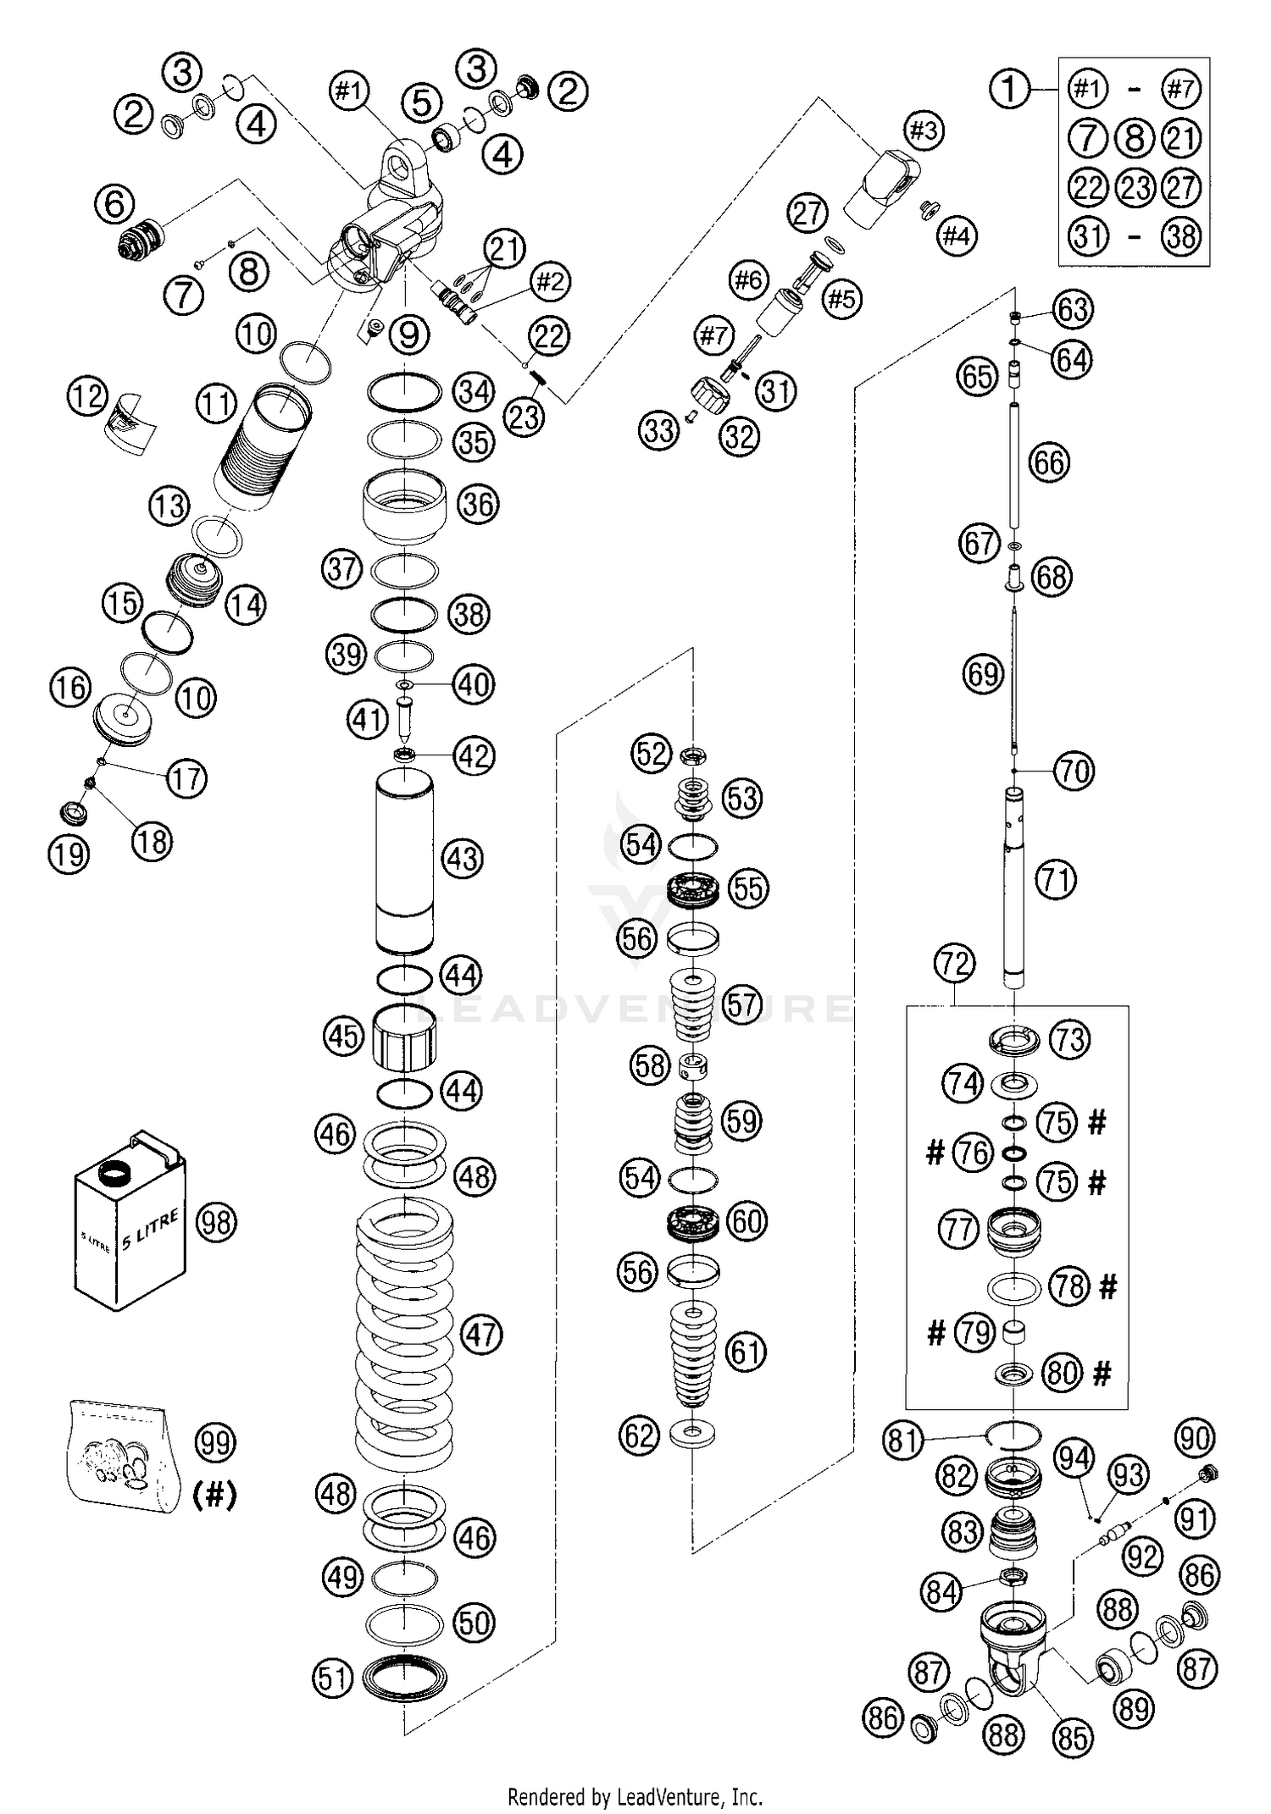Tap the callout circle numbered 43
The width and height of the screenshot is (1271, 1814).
click(x=462, y=858)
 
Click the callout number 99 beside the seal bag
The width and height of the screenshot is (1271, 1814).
click(x=215, y=1441)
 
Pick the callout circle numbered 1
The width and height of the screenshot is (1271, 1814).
click(x=1009, y=88)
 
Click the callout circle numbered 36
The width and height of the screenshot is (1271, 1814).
click(x=478, y=504)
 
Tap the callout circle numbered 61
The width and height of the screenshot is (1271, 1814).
click(x=746, y=1352)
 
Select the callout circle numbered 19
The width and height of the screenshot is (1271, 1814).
click(x=69, y=854)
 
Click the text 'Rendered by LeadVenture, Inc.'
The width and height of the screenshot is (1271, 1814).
click(x=635, y=1795)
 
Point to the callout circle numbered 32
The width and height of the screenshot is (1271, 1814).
click(x=739, y=436)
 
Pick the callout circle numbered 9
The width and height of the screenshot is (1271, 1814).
click(x=408, y=336)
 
